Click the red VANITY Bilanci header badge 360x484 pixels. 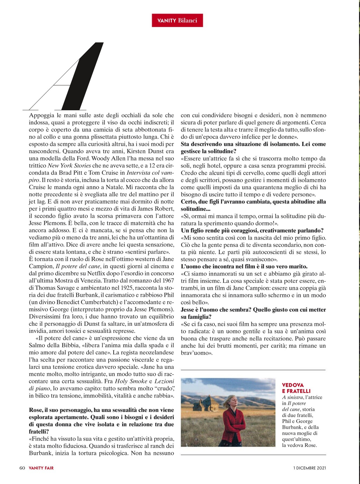tap(177, 20)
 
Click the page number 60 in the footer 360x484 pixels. tap(22, 468)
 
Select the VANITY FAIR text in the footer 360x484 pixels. tap(41, 468)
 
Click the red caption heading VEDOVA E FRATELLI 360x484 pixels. tap(296, 388)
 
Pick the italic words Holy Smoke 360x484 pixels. tap(131, 381)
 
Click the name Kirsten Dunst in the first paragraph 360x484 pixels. tap(145, 151)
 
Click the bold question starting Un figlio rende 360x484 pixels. tap(252, 231)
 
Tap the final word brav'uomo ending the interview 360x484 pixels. tap(197, 353)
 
